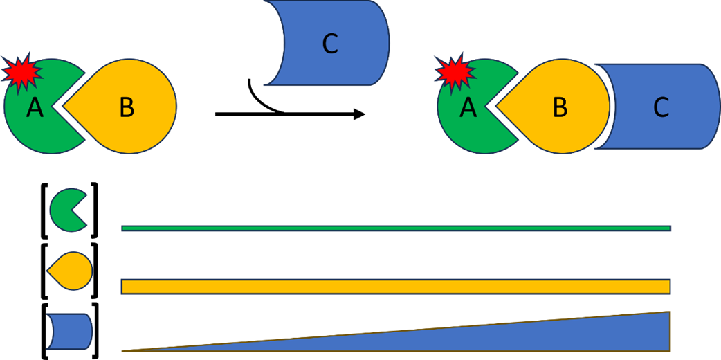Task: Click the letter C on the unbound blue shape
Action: (x=331, y=44)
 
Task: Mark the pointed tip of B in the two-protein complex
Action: (x=67, y=108)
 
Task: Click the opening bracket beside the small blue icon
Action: (x=46, y=331)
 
